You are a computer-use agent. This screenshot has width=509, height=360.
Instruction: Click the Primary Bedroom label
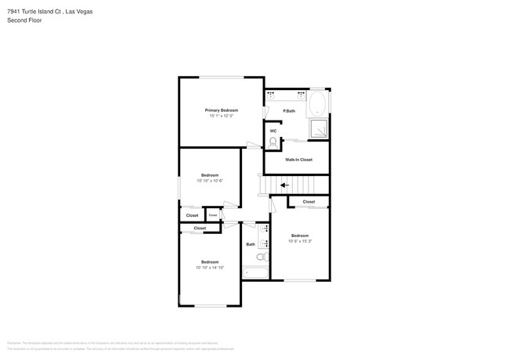[x=222, y=110]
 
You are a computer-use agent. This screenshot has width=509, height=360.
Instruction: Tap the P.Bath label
[x=289, y=111]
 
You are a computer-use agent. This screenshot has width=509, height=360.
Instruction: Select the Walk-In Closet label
[x=298, y=160]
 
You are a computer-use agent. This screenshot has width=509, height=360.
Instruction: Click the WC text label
[x=273, y=131]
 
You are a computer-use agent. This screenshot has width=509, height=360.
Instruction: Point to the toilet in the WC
[x=273, y=142]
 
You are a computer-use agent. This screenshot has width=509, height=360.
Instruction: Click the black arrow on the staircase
[x=284, y=185]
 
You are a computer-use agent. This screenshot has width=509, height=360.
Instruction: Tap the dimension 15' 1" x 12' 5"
[x=222, y=117]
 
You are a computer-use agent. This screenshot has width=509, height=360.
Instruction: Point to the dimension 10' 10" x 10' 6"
[x=210, y=181]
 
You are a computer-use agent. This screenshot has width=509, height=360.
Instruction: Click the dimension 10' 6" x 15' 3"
[x=300, y=241]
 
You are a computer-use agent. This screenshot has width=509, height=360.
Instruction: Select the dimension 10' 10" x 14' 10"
[x=210, y=268]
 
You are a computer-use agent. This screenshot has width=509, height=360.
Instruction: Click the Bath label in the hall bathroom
[x=251, y=244]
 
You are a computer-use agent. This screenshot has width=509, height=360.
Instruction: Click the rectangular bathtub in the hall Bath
[x=255, y=273]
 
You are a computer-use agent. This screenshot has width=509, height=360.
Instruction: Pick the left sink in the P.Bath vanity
[x=272, y=94]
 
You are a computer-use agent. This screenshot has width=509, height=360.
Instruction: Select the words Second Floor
[x=24, y=20]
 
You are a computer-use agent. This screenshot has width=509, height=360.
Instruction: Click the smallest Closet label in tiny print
[x=212, y=215]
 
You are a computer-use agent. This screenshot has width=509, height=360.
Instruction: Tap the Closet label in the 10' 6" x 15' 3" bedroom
[x=309, y=202]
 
